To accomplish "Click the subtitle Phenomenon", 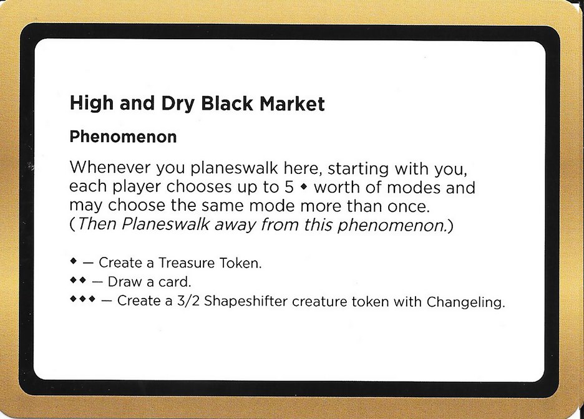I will [123, 137].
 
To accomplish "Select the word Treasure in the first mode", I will [178, 263].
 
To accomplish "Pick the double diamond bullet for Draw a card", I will [78, 281].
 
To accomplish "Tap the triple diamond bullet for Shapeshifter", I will [82, 300].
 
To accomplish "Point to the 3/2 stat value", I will [191, 302].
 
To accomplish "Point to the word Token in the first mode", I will [239, 263].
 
